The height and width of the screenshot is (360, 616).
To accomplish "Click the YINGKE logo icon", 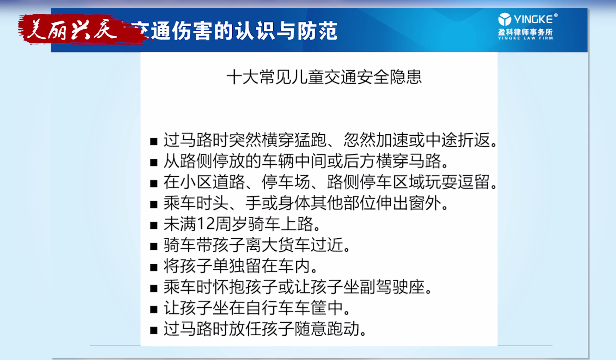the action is (505, 19).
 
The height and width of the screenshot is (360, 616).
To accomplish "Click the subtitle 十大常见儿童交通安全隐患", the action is (324, 77).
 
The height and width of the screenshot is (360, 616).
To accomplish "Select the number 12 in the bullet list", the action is (206, 224).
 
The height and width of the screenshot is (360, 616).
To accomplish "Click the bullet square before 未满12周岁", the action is (153, 225).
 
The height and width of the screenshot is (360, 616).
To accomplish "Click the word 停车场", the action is (286, 182).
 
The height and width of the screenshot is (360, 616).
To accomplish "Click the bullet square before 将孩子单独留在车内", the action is (153, 267).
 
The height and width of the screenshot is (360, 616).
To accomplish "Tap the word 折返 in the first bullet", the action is (474, 140).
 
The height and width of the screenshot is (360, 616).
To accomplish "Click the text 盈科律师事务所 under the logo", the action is (525, 32).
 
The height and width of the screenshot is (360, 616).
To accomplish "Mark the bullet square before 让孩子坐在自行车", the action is (153, 309).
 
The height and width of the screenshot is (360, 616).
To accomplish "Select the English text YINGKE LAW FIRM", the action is (525, 38).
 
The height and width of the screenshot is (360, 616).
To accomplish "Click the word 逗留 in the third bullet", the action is (474, 182).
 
